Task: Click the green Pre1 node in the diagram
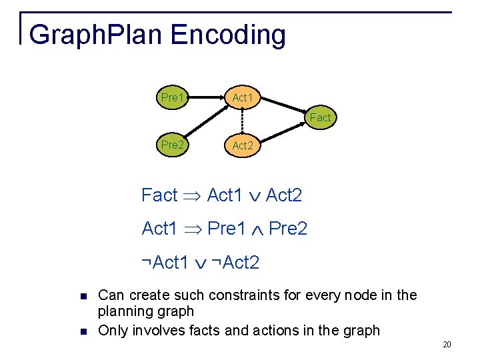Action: [172, 98]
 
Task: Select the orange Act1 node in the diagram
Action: [243, 98]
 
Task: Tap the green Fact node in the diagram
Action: [320, 117]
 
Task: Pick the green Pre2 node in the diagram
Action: [172, 144]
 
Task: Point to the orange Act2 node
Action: [243, 145]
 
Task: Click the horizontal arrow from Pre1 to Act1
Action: [207, 98]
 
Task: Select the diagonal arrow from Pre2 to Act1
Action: [207, 121]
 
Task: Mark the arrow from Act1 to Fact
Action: [283, 107]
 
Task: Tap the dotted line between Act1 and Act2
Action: [243, 121]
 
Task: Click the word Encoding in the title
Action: [230, 35]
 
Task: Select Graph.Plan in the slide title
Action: [97, 35]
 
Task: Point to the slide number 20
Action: [447, 345]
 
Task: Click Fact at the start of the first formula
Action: [159, 195]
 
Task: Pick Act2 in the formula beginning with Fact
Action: [283, 195]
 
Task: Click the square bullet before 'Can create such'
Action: [83, 296]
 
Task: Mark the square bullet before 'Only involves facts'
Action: [83, 331]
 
